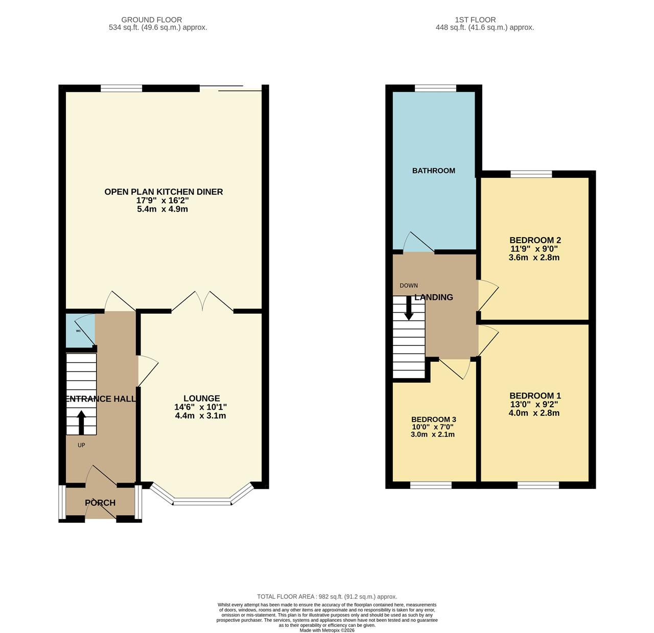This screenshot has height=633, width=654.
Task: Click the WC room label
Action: click(x=78, y=331)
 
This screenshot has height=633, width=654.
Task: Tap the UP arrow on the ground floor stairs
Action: click(x=81, y=423)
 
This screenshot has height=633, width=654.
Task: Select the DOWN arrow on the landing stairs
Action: click(x=409, y=309)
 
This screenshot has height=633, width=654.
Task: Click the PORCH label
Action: click(x=100, y=503)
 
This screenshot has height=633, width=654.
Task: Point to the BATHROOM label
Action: click(x=433, y=171)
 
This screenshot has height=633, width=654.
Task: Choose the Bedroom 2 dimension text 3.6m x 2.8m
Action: click(x=534, y=257)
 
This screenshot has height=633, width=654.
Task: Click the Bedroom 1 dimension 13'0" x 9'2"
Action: click(x=534, y=404)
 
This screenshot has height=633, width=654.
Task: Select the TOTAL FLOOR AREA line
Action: click(x=327, y=596)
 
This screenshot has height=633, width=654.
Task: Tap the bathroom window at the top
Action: click(x=435, y=88)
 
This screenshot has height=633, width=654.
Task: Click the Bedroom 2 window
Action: click(x=531, y=174)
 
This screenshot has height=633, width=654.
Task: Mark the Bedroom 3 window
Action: click(x=431, y=485)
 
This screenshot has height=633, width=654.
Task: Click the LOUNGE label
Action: click(x=202, y=398)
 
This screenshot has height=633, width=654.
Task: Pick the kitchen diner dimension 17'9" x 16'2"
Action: click(x=163, y=201)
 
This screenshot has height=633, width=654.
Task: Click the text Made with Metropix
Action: click(x=327, y=630)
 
